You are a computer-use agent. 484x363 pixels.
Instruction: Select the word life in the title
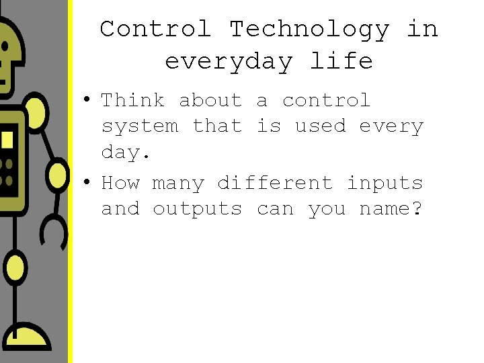[341, 62]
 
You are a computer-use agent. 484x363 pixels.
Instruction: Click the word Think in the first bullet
[132, 101]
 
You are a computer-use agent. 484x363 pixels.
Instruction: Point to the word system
[139, 126]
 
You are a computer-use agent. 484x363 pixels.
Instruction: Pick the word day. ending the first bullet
[126, 153]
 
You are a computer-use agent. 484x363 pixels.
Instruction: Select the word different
[274, 183]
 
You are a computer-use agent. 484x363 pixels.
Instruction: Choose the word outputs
[197, 209]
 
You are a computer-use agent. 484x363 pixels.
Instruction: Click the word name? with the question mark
[391, 209]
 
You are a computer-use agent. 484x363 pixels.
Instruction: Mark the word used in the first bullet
[321, 126]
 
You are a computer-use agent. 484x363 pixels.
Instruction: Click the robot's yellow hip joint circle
[15, 268]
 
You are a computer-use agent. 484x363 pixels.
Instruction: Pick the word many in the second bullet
[177, 184]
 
